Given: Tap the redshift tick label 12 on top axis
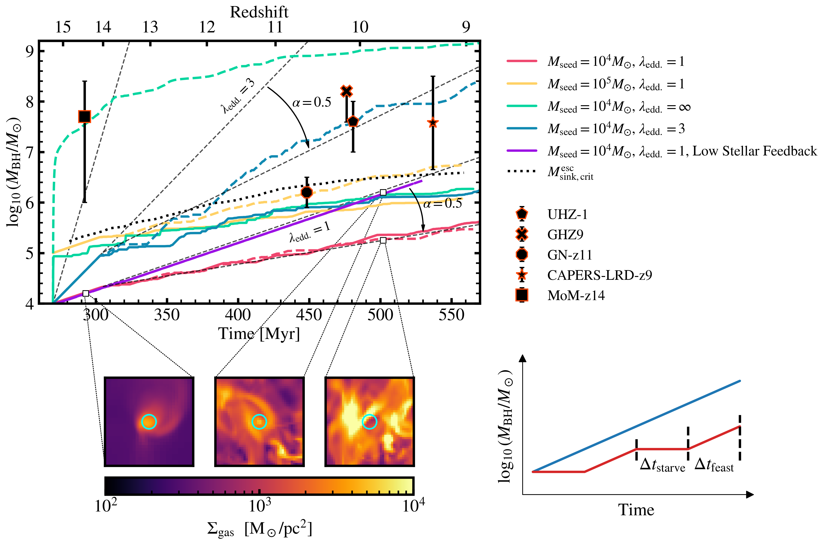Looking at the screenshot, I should pos(207,27).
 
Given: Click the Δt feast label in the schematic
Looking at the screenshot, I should pos(714,466).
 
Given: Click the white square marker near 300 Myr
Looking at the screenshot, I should pos(86,293).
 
